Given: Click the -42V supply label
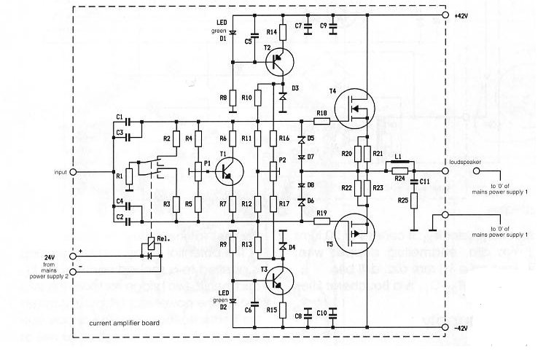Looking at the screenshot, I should click(463, 329).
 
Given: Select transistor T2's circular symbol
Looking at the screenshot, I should click(278, 63).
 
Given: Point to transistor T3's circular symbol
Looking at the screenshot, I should click(278, 280).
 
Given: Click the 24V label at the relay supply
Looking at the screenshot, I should click(48, 257).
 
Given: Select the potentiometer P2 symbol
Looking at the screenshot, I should click(272, 171).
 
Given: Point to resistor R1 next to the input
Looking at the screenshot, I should click(129, 176).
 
